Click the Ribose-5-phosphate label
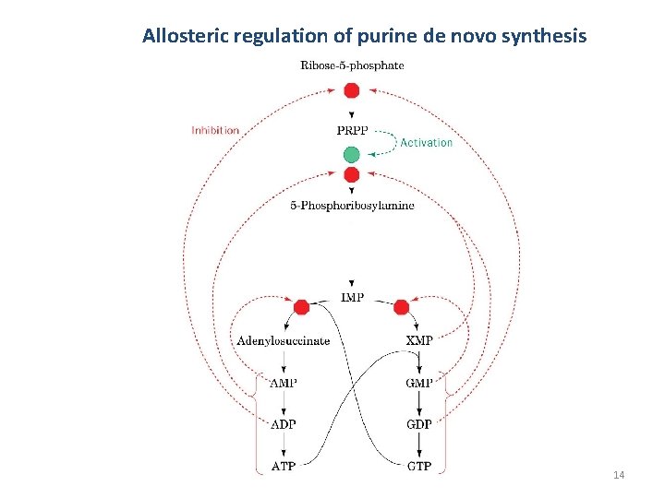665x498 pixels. tap(352, 65)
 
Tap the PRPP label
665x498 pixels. tap(352, 130)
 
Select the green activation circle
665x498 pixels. tap(351, 154)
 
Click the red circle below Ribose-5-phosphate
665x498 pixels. tap(351, 89)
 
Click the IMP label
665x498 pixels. tap(352, 297)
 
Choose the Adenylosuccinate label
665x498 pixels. tap(283, 340)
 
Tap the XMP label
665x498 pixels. tap(419, 340)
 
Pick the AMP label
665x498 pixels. tap(284, 383)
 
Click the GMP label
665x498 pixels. tap(419, 383)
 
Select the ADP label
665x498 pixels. tap(284, 424)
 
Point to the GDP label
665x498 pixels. tap(419, 424)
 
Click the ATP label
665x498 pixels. tap(284, 466)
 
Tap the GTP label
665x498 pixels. tap(419, 466)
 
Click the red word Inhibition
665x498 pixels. tap(215, 130)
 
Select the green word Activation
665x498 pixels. tap(426, 142)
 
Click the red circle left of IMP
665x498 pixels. tap(301, 307)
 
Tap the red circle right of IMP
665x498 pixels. tap(401, 307)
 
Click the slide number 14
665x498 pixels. tap(619, 474)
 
